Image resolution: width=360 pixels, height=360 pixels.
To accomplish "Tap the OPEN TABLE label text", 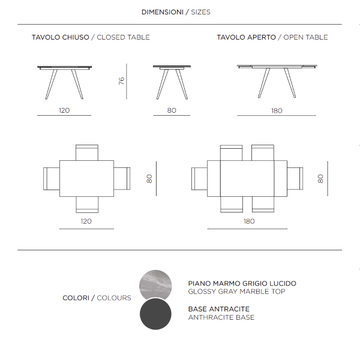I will pos(305,37).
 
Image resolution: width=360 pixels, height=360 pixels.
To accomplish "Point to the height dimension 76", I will pos(122,81).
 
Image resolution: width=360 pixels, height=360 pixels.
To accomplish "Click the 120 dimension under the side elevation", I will pos(64,110).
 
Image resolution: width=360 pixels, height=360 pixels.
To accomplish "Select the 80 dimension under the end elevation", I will pos(172,110).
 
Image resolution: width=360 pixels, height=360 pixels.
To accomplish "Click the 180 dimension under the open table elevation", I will pos(277,110).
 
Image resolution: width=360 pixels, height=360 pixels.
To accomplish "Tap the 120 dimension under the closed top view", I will pos(86,221).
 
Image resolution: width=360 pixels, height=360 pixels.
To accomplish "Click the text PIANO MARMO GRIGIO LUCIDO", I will pos(242,283).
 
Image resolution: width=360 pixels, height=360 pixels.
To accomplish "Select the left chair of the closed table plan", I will pos(52,178).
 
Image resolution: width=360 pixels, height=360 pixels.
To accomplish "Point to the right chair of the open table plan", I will pos(295,178).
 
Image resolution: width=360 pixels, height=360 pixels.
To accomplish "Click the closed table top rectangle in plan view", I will pos(87,178).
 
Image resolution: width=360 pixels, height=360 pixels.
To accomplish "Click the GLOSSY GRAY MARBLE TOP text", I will pos(236,292).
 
